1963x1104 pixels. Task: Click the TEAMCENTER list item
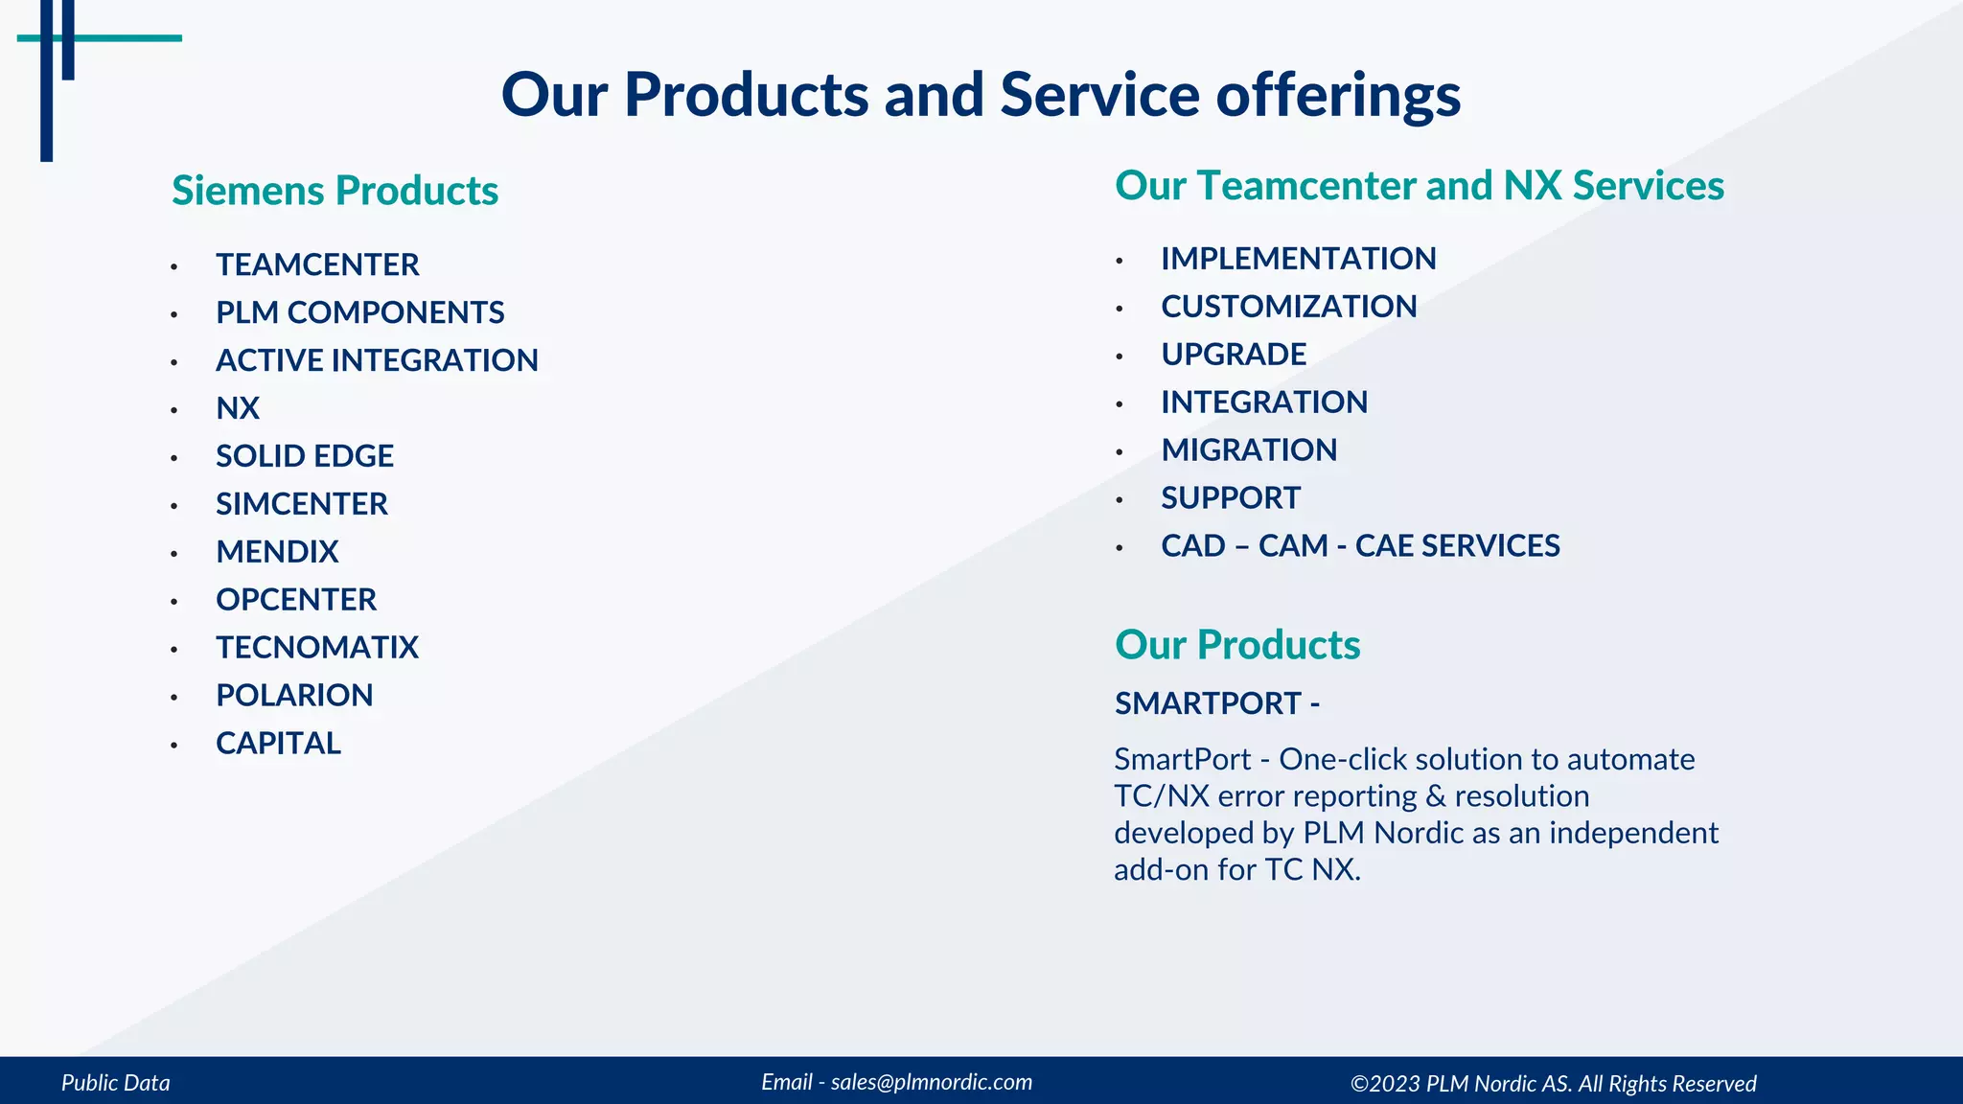point(317,264)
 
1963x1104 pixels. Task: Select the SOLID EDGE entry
point(305,456)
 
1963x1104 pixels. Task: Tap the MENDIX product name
point(277,552)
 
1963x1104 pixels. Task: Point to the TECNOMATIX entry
point(317,648)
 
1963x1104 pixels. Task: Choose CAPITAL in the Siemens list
point(278,744)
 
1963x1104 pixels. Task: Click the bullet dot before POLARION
point(174,698)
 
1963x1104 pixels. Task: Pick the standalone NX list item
point(238,408)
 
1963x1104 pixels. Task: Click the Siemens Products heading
point(335,191)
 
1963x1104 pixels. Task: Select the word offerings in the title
point(1338,96)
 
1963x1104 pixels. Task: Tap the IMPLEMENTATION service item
point(1298,259)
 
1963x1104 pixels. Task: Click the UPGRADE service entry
point(1234,355)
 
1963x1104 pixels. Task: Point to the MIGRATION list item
point(1249,450)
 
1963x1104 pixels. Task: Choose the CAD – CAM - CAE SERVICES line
point(1360,546)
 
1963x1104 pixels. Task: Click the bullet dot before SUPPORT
point(1120,500)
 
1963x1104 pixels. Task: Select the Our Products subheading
point(1237,645)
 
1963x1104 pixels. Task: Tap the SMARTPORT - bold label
point(1217,703)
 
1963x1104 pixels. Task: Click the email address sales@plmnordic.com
point(931,1082)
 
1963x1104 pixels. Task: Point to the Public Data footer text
point(116,1083)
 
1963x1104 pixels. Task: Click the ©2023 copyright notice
point(1553,1084)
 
